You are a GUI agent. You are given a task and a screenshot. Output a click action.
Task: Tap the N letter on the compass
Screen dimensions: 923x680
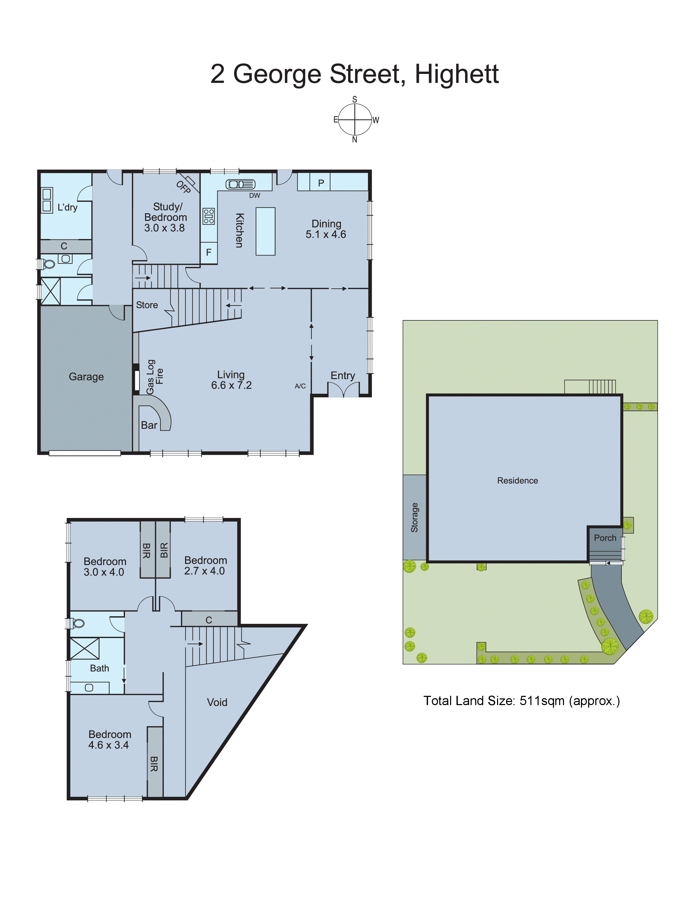(x=354, y=140)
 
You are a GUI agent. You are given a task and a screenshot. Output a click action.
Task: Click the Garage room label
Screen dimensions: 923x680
(x=86, y=377)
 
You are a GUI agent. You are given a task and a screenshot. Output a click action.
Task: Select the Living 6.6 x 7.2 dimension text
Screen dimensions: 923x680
(x=231, y=385)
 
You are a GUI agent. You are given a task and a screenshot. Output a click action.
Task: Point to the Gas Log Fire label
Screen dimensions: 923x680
(x=155, y=377)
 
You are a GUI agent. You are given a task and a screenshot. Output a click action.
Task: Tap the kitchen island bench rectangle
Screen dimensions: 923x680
(x=266, y=231)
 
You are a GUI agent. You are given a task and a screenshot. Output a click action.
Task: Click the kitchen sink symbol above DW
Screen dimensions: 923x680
(x=240, y=185)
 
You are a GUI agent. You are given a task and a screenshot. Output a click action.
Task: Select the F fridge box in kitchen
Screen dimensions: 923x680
(x=209, y=252)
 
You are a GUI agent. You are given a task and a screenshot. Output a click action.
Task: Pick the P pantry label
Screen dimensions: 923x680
(x=321, y=183)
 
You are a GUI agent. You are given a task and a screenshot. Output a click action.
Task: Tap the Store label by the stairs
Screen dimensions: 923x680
(x=147, y=305)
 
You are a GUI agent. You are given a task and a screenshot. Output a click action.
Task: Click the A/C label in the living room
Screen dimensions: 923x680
(x=300, y=386)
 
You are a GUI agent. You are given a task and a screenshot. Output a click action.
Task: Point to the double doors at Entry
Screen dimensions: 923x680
(x=343, y=389)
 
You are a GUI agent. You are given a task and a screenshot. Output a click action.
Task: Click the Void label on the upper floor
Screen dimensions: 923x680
(x=217, y=702)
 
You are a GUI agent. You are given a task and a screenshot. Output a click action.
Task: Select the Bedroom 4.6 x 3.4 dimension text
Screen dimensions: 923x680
(x=109, y=745)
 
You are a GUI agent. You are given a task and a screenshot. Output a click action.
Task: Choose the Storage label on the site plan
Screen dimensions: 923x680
(x=414, y=517)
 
